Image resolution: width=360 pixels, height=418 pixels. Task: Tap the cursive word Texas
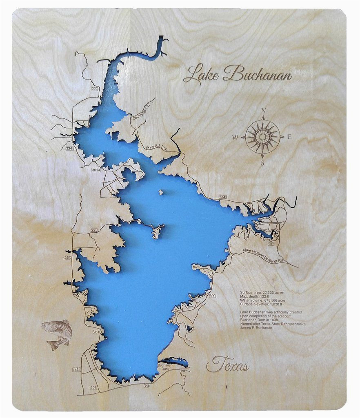228,365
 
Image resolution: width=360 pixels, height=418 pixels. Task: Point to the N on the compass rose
263,111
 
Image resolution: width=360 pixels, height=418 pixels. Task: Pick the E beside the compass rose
289,137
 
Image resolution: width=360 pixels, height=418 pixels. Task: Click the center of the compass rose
263,137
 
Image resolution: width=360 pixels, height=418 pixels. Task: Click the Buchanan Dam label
166,368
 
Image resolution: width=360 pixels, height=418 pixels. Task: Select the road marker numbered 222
95,89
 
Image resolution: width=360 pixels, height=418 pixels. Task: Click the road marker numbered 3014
96,169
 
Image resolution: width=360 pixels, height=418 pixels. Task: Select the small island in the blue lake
162,192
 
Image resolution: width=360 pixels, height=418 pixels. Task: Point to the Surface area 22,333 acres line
262,293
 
